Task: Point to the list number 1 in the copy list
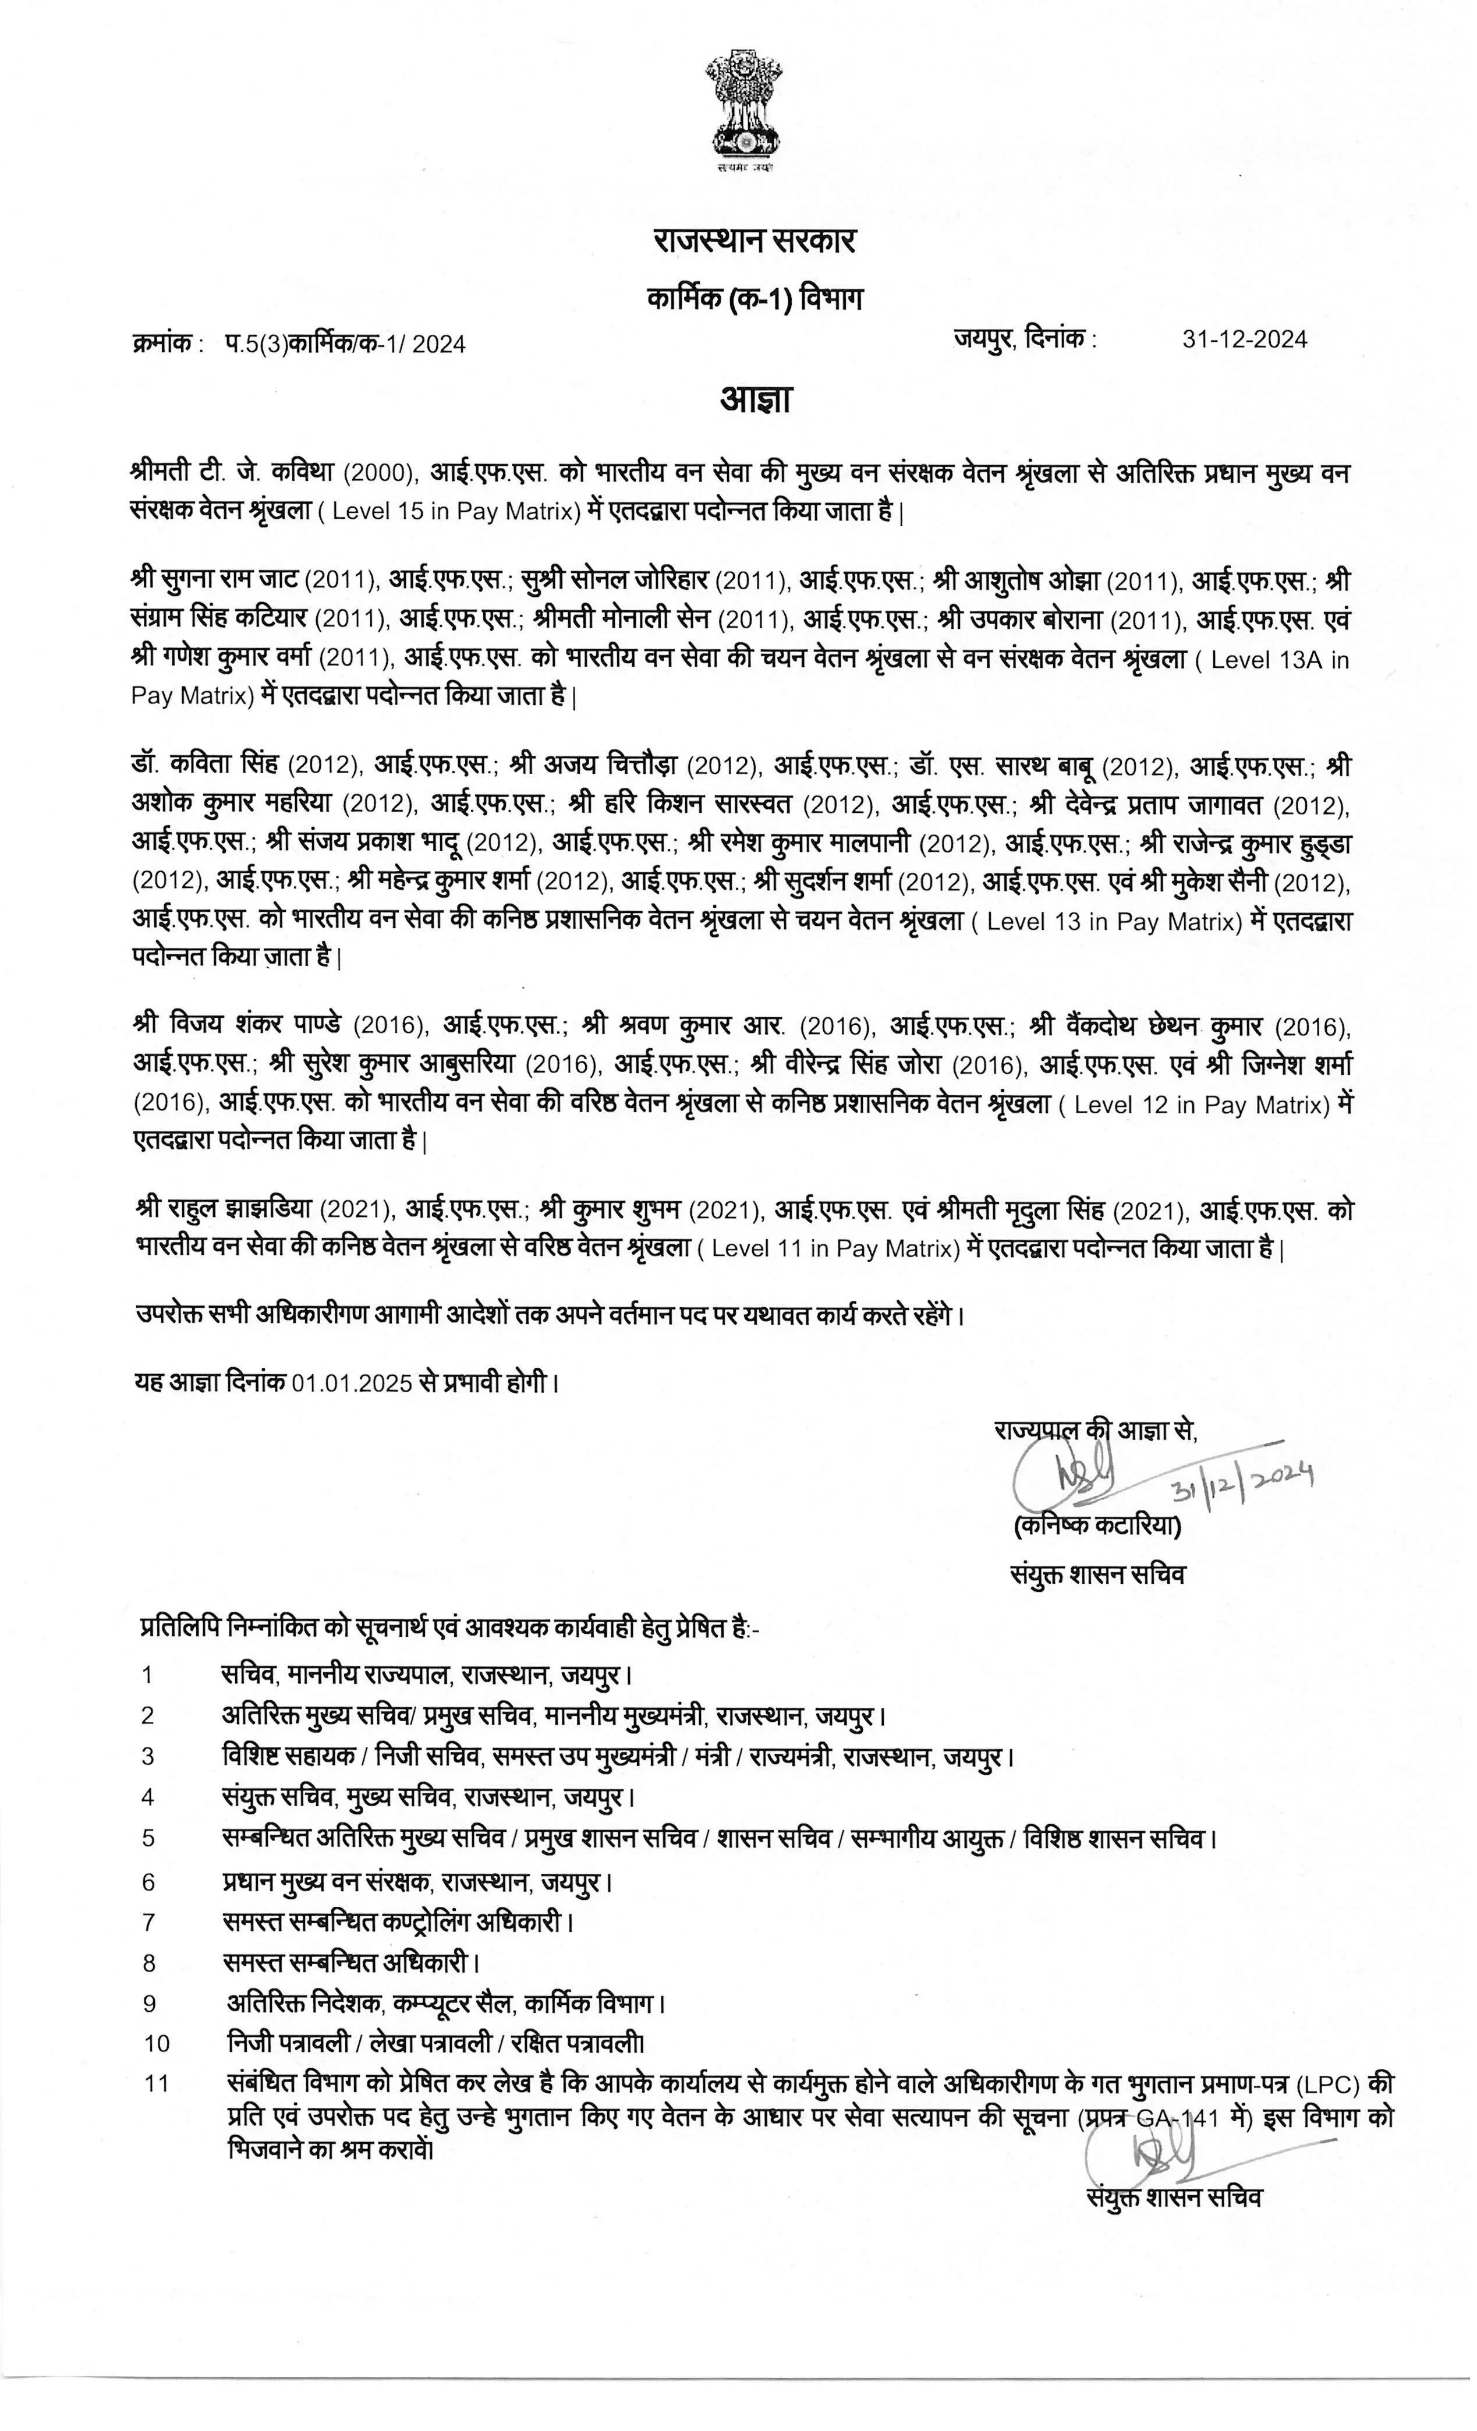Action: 148,1675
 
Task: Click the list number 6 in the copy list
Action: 149,1882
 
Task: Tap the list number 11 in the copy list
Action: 157,2084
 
